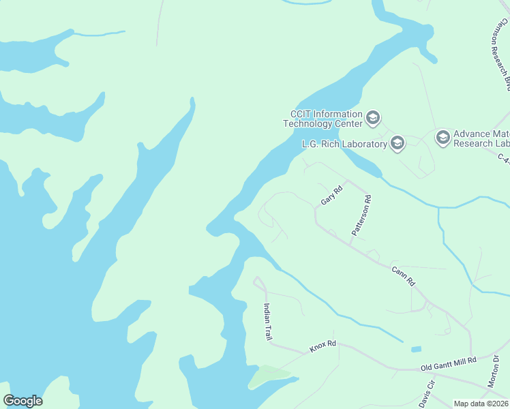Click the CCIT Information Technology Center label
(324, 119)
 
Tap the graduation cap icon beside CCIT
(372, 119)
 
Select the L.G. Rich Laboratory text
(344, 144)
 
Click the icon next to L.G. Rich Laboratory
(397, 143)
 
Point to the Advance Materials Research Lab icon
(442, 138)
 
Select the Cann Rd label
(403, 275)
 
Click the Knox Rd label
(322, 346)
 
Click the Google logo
(22, 401)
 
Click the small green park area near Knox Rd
(268, 376)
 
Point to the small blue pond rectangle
(416, 349)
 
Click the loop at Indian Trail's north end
(258, 282)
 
